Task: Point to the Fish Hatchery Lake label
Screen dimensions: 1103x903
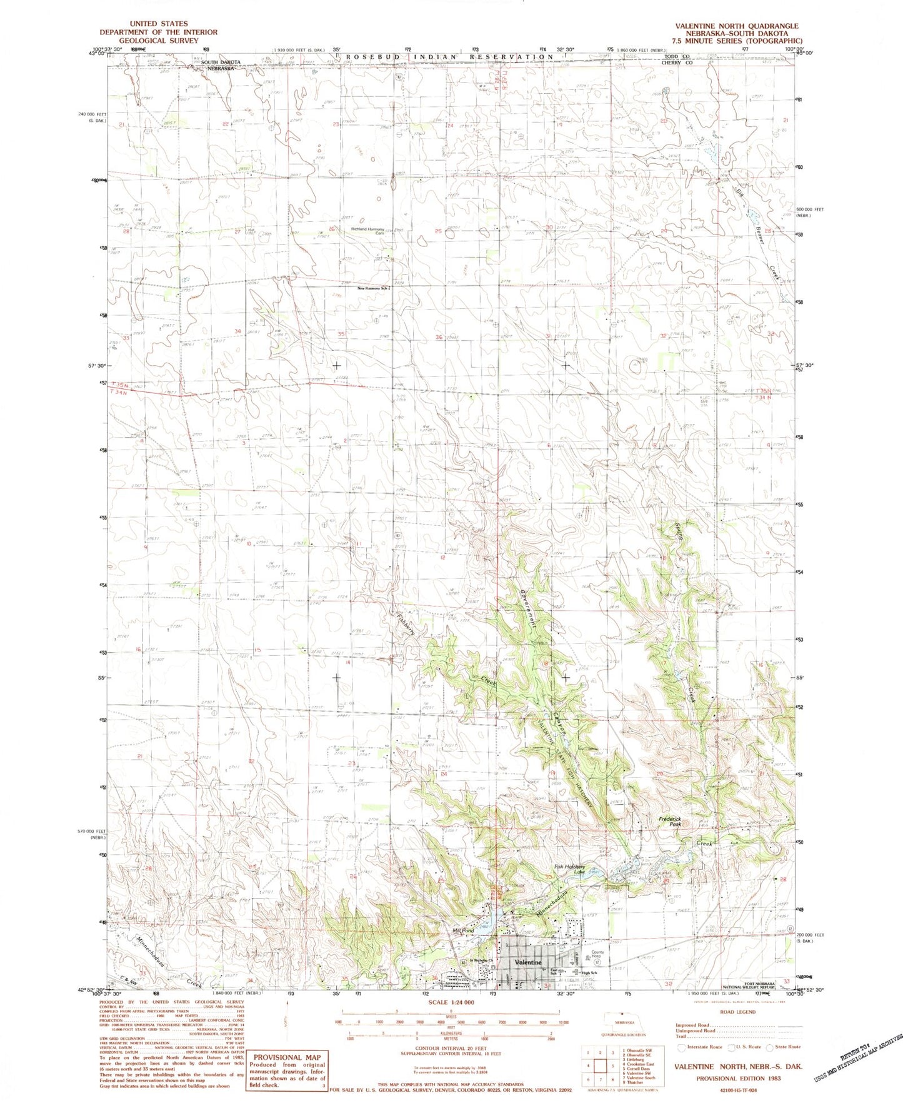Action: [x=569, y=867]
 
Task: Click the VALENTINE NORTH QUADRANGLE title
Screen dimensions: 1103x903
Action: [x=736, y=26]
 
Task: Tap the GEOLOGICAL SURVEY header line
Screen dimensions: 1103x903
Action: [x=159, y=40]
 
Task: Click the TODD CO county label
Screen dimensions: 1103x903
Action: [x=677, y=56]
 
